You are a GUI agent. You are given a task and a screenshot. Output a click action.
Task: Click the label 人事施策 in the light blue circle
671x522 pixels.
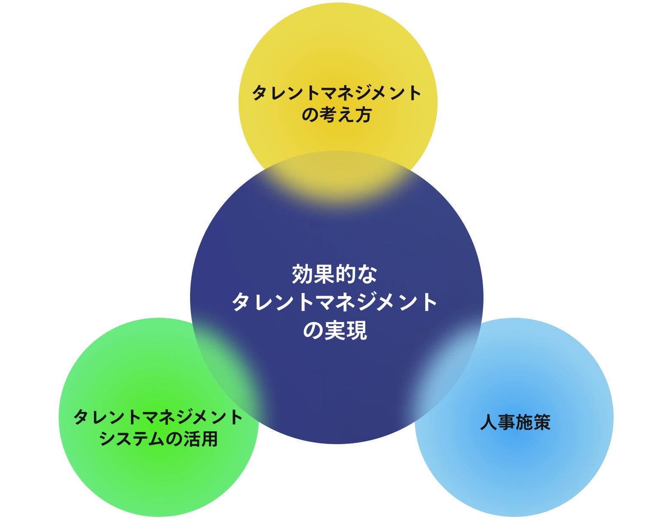515,422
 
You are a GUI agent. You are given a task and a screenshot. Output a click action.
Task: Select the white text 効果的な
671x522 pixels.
335,274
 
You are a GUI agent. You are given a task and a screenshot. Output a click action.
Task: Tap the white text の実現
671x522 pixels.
335,330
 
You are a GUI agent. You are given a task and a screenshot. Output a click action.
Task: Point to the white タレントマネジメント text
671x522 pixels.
335,302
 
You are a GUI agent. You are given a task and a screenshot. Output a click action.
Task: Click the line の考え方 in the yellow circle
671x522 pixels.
337,114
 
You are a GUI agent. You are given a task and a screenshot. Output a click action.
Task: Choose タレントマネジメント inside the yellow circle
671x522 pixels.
337,93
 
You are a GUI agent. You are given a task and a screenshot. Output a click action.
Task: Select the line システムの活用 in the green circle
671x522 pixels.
158,439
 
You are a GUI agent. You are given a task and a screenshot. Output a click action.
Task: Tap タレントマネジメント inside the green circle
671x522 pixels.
158,417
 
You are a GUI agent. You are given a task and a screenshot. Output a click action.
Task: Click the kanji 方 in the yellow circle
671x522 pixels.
363,114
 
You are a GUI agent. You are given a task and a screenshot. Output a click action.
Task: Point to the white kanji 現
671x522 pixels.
356,330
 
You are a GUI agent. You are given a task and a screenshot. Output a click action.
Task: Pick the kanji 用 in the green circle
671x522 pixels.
209,439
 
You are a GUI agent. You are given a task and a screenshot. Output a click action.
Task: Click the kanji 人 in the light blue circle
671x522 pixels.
489,422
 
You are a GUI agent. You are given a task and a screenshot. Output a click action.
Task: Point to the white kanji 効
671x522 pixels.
302,274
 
